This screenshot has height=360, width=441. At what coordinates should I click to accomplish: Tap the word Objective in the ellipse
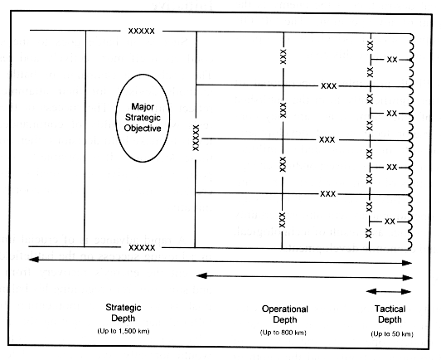(143, 128)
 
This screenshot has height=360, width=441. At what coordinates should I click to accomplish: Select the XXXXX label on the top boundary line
(142, 31)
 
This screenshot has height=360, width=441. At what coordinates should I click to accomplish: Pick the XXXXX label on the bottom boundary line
(142, 248)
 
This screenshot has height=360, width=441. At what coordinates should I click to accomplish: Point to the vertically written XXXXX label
(196, 138)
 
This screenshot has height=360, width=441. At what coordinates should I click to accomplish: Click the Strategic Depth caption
(124, 313)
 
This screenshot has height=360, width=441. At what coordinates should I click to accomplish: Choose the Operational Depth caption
(285, 314)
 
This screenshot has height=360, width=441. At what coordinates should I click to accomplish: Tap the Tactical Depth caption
(390, 314)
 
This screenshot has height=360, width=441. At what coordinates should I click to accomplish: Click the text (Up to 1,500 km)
(124, 331)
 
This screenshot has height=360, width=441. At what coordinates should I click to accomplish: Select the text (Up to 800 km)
(283, 333)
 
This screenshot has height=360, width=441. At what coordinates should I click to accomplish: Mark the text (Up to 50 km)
(392, 334)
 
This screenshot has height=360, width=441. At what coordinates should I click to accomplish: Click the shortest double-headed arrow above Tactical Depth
(389, 291)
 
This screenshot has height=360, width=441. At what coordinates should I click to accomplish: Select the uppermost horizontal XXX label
(329, 85)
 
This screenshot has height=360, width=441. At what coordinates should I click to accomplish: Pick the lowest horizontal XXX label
(328, 193)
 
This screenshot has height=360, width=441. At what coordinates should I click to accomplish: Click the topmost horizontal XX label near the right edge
(392, 60)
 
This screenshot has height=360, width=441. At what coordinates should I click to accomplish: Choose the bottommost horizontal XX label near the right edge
(390, 221)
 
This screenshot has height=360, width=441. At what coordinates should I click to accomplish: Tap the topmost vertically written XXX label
(283, 56)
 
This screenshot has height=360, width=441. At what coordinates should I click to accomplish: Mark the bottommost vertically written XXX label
(283, 220)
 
